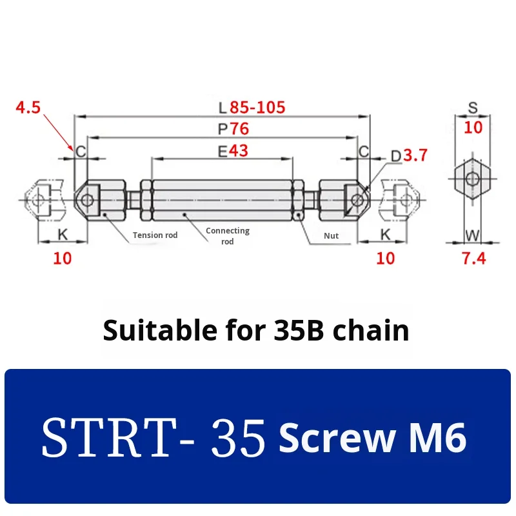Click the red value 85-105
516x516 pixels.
[x=257, y=108]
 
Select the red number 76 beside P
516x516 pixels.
[x=239, y=128]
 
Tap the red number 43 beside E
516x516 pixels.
[x=238, y=151]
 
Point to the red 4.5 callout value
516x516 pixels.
[x=28, y=108]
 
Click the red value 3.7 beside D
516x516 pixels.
[x=415, y=155]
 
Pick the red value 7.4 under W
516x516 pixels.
[x=473, y=259]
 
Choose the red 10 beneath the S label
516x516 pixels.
[x=473, y=127]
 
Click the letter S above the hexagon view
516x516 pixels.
[x=473, y=108]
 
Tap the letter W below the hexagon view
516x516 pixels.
[x=473, y=235]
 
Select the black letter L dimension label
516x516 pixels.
[x=223, y=108]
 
